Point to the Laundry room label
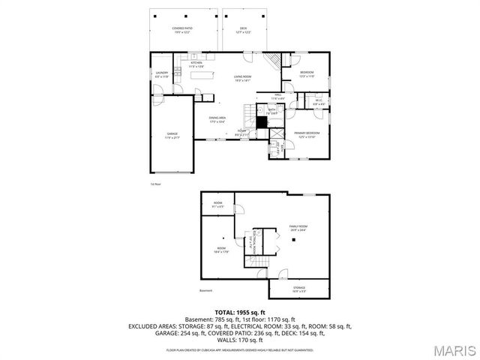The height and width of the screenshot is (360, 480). [160, 74]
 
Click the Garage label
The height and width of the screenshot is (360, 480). [172, 136]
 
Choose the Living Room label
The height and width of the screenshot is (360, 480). [242, 78]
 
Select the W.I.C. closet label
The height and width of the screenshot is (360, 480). [319, 102]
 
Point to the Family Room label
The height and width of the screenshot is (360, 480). [298, 227]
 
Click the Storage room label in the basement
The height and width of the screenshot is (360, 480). [298, 288]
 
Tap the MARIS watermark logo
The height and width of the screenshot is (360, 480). [454, 349]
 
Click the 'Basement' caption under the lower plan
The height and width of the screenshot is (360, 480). [206, 291]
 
